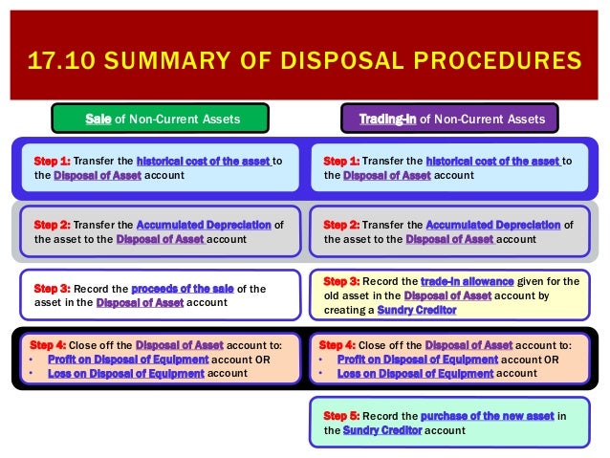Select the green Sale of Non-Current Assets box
pos(160,119)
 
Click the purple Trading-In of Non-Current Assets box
pos(449,119)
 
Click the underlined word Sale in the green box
pos(98,119)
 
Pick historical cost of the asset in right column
pos(492,162)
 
